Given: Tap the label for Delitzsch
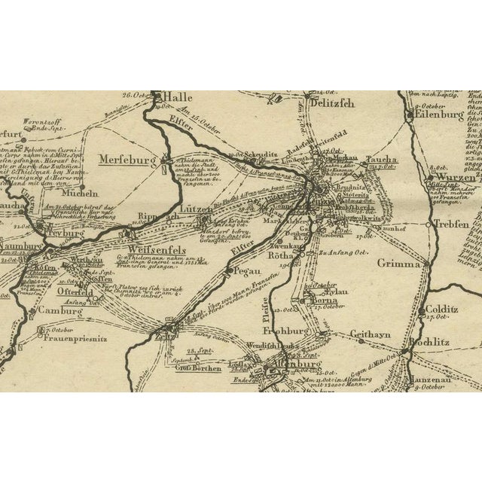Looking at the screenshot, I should (x=331, y=103).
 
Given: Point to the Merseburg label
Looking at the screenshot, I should (x=127, y=160).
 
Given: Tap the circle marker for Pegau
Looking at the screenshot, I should (x=229, y=270).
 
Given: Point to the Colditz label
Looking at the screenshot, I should (x=445, y=309).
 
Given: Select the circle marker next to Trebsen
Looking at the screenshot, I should (x=428, y=224).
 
